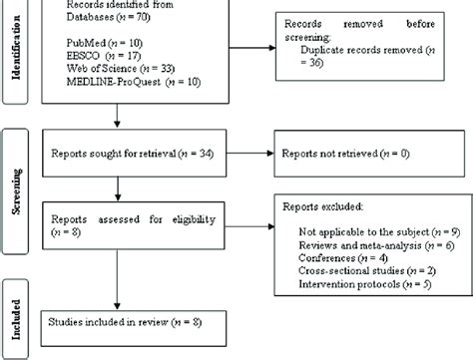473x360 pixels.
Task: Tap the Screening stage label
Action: [x=17, y=190]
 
